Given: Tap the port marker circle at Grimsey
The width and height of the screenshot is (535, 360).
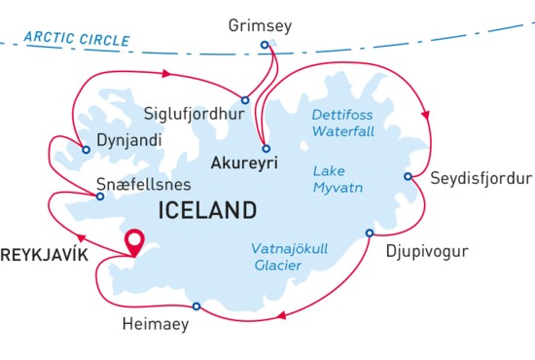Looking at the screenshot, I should coord(265,44).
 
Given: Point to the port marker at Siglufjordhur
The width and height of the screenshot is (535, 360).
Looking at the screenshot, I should coord(245,99).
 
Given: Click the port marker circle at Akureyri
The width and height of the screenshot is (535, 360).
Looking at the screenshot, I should coord(266,148).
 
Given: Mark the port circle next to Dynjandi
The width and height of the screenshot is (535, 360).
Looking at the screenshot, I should coord(87,150).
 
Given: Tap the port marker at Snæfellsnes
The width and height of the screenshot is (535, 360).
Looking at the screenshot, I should coord(99,196).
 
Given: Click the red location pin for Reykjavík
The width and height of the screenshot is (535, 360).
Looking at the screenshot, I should coord(133,239).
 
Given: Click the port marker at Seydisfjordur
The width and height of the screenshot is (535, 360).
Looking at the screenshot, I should coord(409,176).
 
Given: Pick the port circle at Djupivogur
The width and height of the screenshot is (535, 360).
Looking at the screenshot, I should coord(369,233).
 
